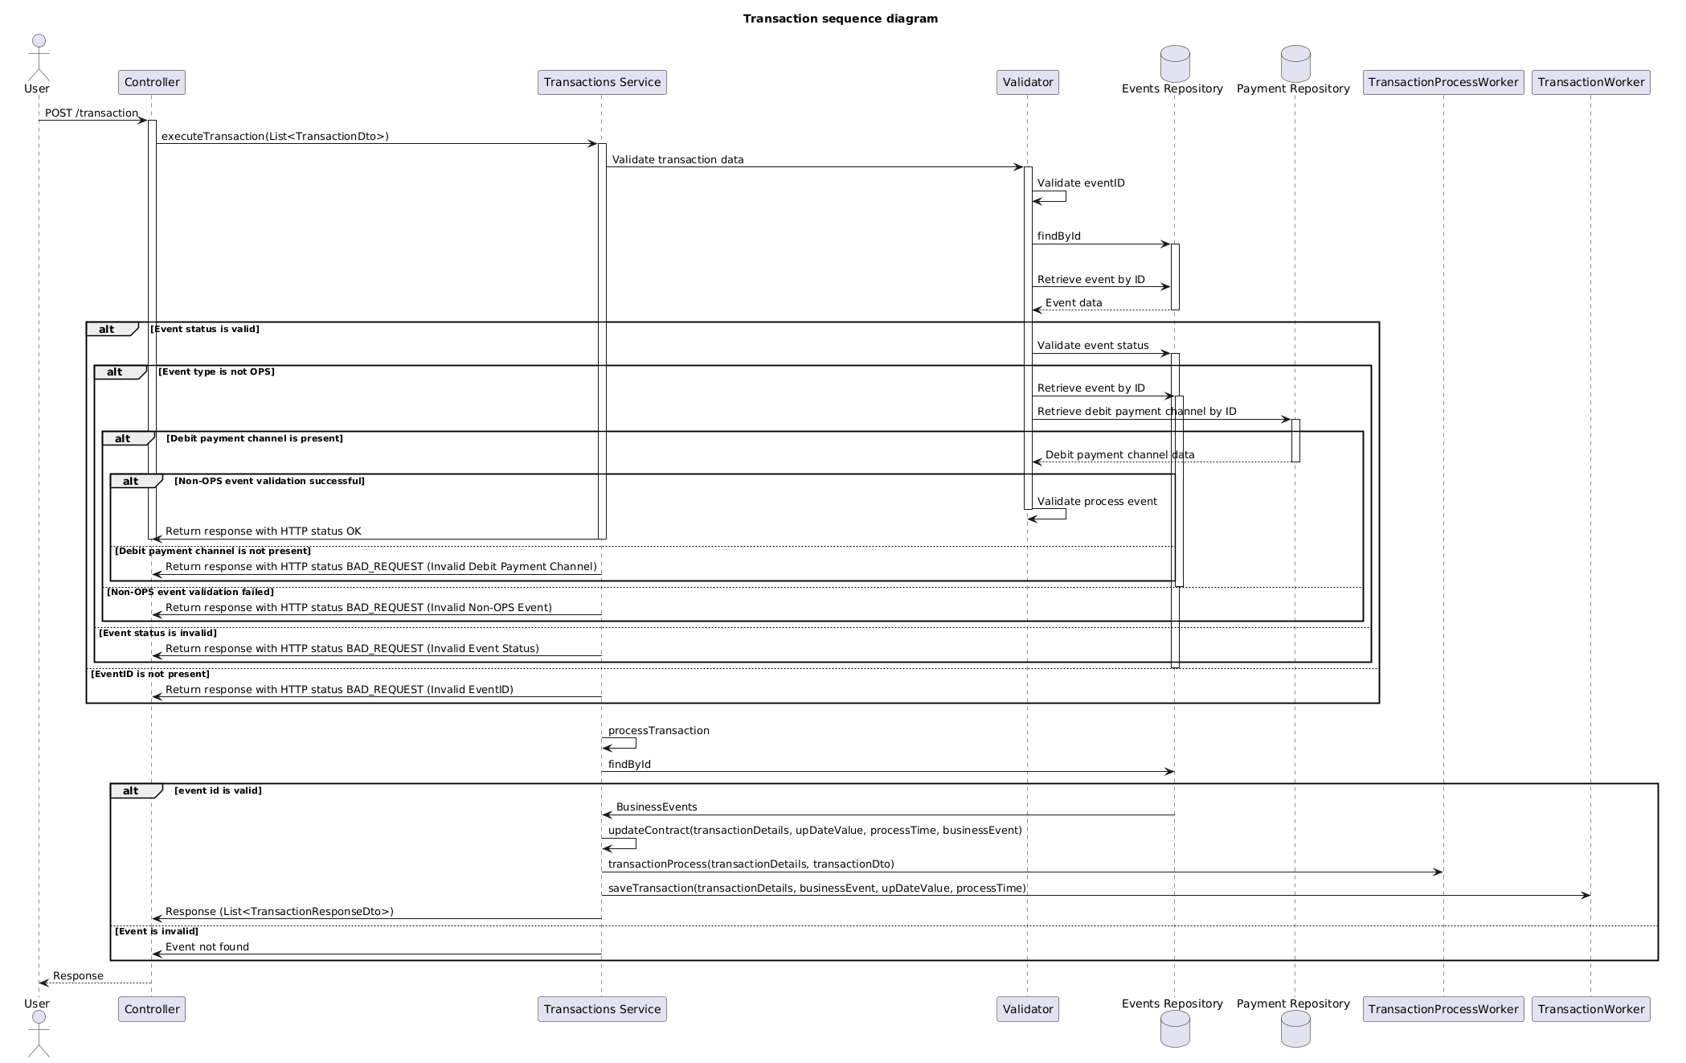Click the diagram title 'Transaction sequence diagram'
pyautogui.click(x=840, y=18)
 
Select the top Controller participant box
pyautogui.click(x=152, y=82)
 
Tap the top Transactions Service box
pyautogui.click(x=602, y=82)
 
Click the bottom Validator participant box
pyautogui.click(x=1028, y=1009)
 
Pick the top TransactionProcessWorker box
pyautogui.click(x=1443, y=82)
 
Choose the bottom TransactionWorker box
pyautogui.click(x=1591, y=1009)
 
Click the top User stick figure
pyautogui.click(x=39, y=58)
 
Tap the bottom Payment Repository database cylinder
pyautogui.click(x=1295, y=1029)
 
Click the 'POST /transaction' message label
pyautogui.click(x=92, y=113)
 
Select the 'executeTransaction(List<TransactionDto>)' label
pyautogui.click(x=275, y=137)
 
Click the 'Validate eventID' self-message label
pyautogui.click(x=1081, y=183)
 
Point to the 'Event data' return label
pyautogui.click(x=1074, y=303)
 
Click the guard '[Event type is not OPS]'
pyautogui.click(x=216, y=371)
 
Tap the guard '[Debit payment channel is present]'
pyautogui.click(x=255, y=438)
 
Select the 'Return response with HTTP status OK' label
pyautogui.click(x=264, y=531)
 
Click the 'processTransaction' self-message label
pyautogui.click(x=659, y=731)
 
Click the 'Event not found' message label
pyautogui.click(x=207, y=947)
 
